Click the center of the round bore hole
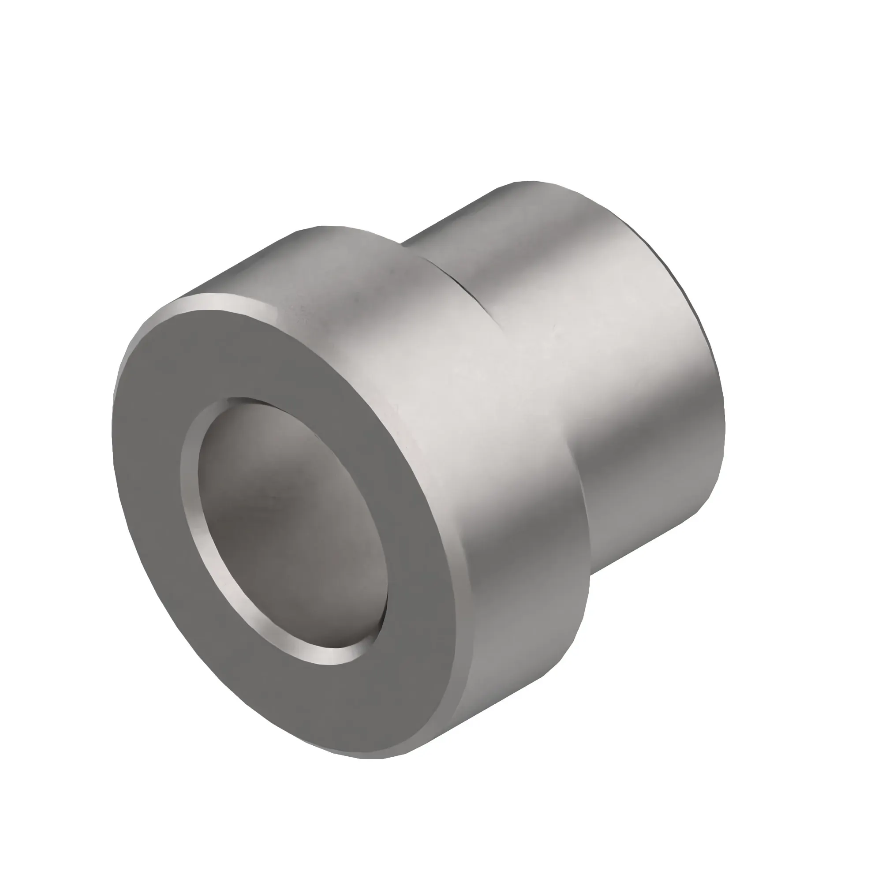tap(288, 525)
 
